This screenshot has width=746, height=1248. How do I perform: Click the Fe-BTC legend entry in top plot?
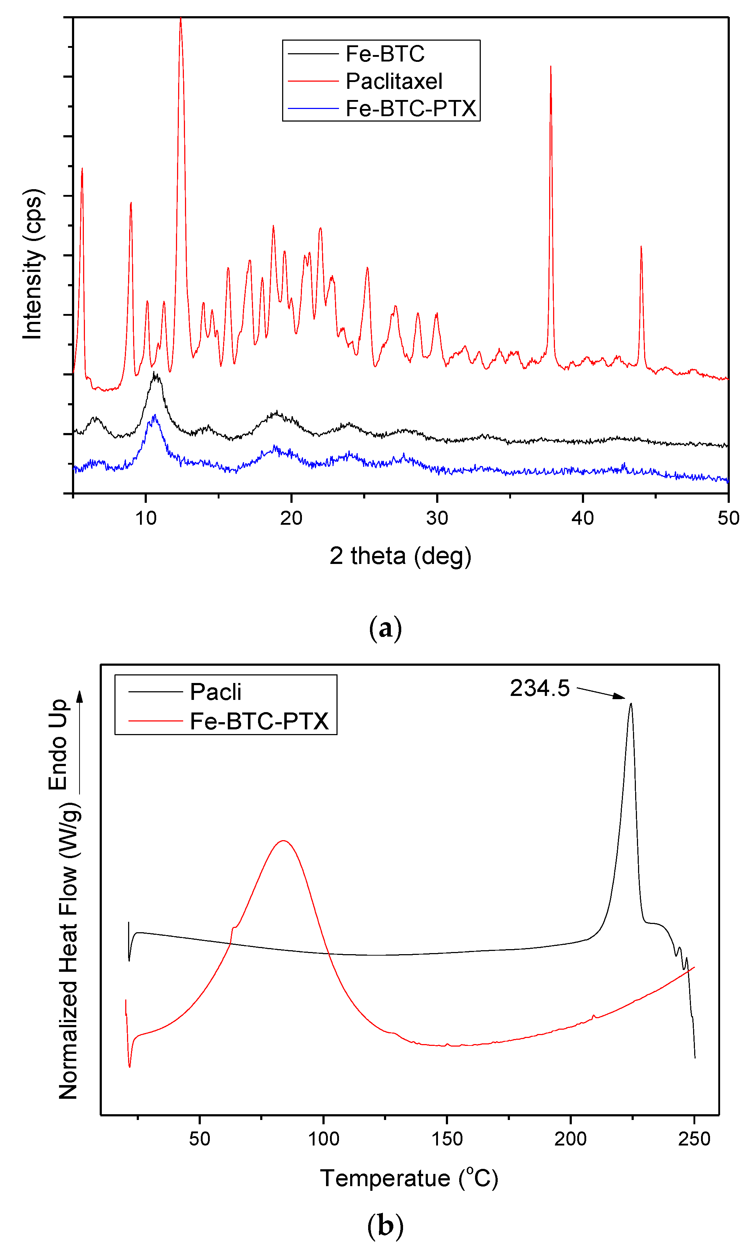click(x=385, y=54)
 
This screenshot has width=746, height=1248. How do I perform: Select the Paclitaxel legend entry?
click(x=394, y=81)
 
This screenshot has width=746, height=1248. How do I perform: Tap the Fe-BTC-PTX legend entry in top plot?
click(x=410, y=109)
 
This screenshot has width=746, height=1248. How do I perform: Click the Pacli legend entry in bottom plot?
click(x=215, y=692)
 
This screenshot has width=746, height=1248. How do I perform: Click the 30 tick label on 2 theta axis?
click(x=437, y=518)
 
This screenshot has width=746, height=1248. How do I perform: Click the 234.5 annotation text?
click(x=539, y=688)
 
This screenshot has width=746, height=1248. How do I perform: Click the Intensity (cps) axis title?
click(x=33, y=264)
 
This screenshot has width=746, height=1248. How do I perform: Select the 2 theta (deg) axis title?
click(x=400, y=556)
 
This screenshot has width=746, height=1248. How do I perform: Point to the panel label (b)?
click(x=385, y=1226)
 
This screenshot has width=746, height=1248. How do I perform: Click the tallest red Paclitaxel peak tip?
click(x=180, y=19)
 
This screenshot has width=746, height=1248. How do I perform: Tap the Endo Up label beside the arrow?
click(x=58, y=744)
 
